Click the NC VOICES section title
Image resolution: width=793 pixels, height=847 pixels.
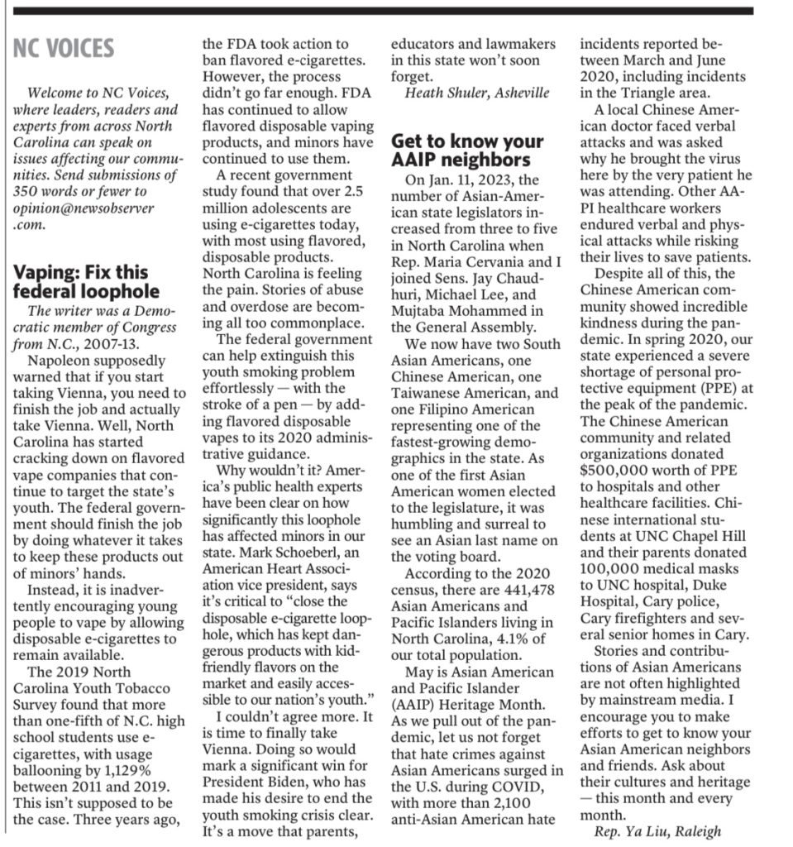(x=64, y=48)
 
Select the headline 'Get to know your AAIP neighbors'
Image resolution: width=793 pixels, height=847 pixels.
(x=467, y=151)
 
